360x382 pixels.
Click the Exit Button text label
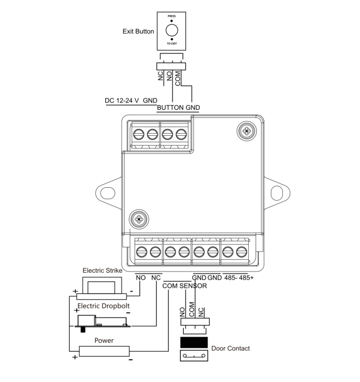tap(138, 31)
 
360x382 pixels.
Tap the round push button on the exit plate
tap(171, 31)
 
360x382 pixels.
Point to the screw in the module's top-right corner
tap(247, 130)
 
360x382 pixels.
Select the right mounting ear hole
tap(277, 192)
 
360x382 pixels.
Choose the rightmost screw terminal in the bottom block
tap(242, 251)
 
